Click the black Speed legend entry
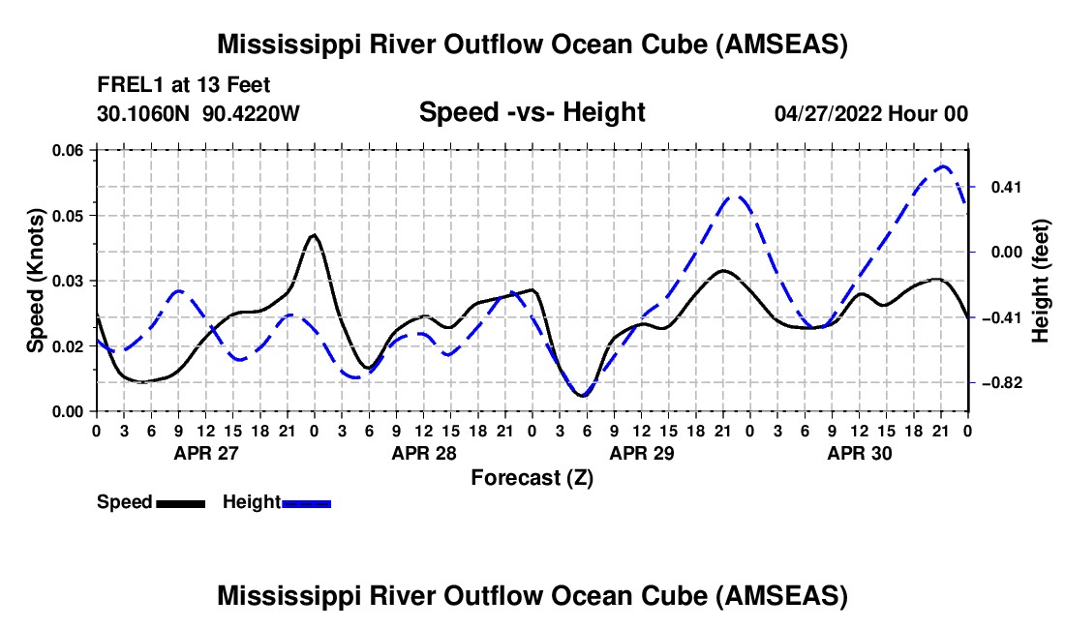[151, 502]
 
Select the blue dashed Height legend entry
[277, 502]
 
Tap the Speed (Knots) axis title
[36, 281]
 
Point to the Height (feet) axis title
[1041, 281]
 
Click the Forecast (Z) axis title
[532, 477]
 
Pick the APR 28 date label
[423, 452]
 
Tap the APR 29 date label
[641, 452]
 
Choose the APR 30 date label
[859, 452]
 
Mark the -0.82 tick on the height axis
[1001, 383]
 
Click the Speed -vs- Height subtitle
[532, 113]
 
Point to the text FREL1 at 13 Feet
[183, 85]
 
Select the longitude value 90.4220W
[252, 113]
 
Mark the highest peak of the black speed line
[313, 234]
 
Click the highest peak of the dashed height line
[943, 166]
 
